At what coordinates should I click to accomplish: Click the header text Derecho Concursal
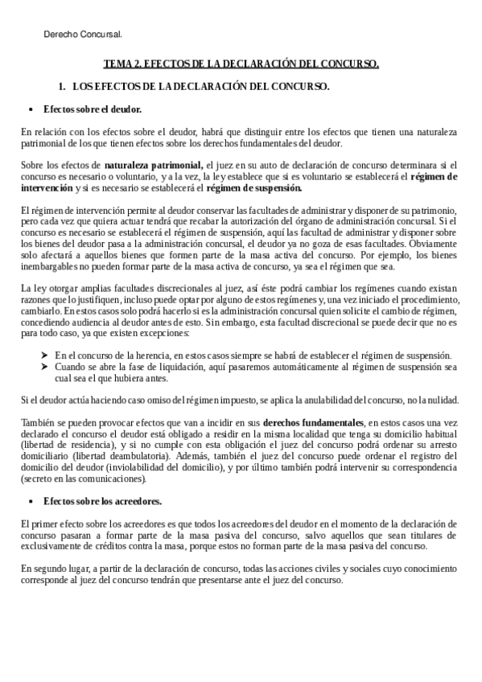point(83,35)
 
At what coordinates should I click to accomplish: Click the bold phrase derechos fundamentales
point(314,423)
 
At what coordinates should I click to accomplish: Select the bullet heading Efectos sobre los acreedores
point(102,502)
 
